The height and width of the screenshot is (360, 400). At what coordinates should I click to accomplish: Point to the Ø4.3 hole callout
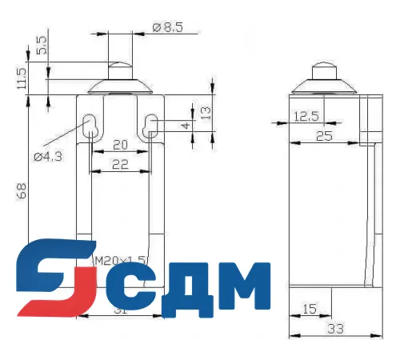(50, 157)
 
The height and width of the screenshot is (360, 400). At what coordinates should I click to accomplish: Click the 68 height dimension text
(22, 190)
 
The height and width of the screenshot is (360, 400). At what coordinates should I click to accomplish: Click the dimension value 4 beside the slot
(186, 126)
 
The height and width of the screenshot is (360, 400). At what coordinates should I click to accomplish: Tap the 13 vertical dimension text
(206, 112)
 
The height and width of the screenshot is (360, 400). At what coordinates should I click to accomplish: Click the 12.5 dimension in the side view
(306, 117)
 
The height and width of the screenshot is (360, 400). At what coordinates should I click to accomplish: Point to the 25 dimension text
(324, 136)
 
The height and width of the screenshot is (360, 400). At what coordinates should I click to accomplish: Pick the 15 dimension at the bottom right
(309, 308)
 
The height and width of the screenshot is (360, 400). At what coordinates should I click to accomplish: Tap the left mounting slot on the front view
(90, 126)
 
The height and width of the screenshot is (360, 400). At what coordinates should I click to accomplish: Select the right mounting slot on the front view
(151, 125)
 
